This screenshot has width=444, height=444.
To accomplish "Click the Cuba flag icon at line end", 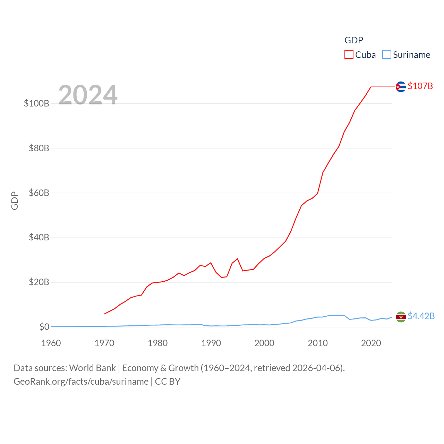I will tap(401, 86).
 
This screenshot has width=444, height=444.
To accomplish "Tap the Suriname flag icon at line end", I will tap(401, 317).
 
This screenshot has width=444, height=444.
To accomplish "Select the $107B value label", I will tap(420, 86).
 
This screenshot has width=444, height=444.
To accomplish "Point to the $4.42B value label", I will tap(421, 316).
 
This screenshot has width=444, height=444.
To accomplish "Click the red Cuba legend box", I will tap(349, 55).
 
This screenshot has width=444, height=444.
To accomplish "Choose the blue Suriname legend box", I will tap(386, 55).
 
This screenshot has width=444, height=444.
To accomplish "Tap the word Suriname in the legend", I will tap(411, 55).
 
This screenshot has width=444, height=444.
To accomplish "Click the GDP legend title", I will tap(353, 40).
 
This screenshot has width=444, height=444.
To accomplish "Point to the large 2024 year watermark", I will tap(88, 95).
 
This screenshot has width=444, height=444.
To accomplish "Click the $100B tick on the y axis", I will tap(36, 103).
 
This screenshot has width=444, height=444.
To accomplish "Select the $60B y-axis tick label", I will tap(39, 193).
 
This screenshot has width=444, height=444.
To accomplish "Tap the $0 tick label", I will tap(44, 327).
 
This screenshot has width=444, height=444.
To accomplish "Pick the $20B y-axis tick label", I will tap(39, 282).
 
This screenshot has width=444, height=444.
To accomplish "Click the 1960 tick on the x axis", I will tap(51, 343).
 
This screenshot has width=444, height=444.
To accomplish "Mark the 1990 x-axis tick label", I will tap(211, 343).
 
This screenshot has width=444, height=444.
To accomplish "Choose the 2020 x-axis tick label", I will tap(371, 343).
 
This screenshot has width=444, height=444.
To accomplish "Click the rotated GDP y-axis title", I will tap(15, 200).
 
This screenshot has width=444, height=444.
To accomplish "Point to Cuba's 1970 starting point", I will tap(104, 314).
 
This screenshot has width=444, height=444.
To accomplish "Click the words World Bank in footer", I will tap(92, 368).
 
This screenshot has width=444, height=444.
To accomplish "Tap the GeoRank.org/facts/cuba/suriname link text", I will tap(81, 382).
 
